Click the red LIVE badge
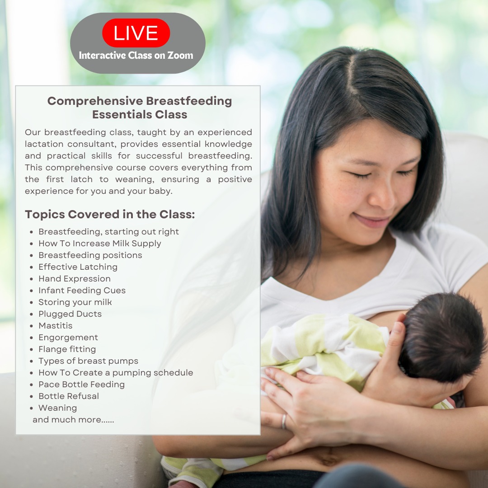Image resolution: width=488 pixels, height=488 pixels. pos(136,33)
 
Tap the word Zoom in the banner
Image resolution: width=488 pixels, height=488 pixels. pos(180,56)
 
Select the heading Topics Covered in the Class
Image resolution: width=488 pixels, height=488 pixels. pos(110,215)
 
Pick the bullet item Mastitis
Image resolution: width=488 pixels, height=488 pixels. pos(56,325)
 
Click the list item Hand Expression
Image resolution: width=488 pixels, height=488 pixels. pos(75,278)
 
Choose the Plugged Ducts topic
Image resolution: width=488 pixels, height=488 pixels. pos(70,314)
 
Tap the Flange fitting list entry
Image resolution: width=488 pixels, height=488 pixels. pos(67,349)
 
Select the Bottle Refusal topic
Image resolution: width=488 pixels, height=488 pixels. pos(69,396)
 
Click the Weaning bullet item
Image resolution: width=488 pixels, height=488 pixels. pos(57,408)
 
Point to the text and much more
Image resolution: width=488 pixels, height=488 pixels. pos(73,420)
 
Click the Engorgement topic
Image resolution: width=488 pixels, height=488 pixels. pos(68,338)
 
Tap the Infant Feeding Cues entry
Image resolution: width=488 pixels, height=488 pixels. pos(82,291)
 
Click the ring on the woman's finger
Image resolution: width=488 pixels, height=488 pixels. pos(283,422)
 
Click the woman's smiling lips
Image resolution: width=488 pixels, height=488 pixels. pos(371,221)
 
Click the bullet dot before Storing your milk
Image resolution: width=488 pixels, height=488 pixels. pos(32,302)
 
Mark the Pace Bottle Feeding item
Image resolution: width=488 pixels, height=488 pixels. pos(81,385)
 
